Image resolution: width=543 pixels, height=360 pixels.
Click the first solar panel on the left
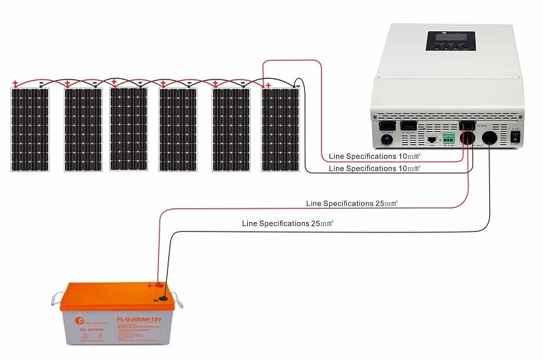coord(30,129)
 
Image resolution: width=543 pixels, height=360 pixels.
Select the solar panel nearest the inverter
coord(280,129)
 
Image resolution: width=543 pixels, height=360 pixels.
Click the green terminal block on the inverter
coord(449,138)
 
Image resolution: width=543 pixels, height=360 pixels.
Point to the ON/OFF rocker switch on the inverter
coord(514,137)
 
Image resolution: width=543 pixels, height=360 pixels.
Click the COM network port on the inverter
coord(431,139)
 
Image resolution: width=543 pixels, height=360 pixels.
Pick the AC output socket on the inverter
coord(408,126)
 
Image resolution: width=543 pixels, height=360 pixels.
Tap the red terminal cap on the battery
coord(161,286)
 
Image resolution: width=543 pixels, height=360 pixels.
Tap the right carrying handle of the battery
coord(178,298)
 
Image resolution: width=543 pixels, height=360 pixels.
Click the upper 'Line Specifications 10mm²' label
coord(374,156)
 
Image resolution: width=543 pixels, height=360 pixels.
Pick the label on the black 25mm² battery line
coord(288,223)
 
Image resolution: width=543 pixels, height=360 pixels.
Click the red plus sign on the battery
coord(150,287)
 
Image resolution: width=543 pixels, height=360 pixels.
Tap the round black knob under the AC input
coord(387,139)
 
